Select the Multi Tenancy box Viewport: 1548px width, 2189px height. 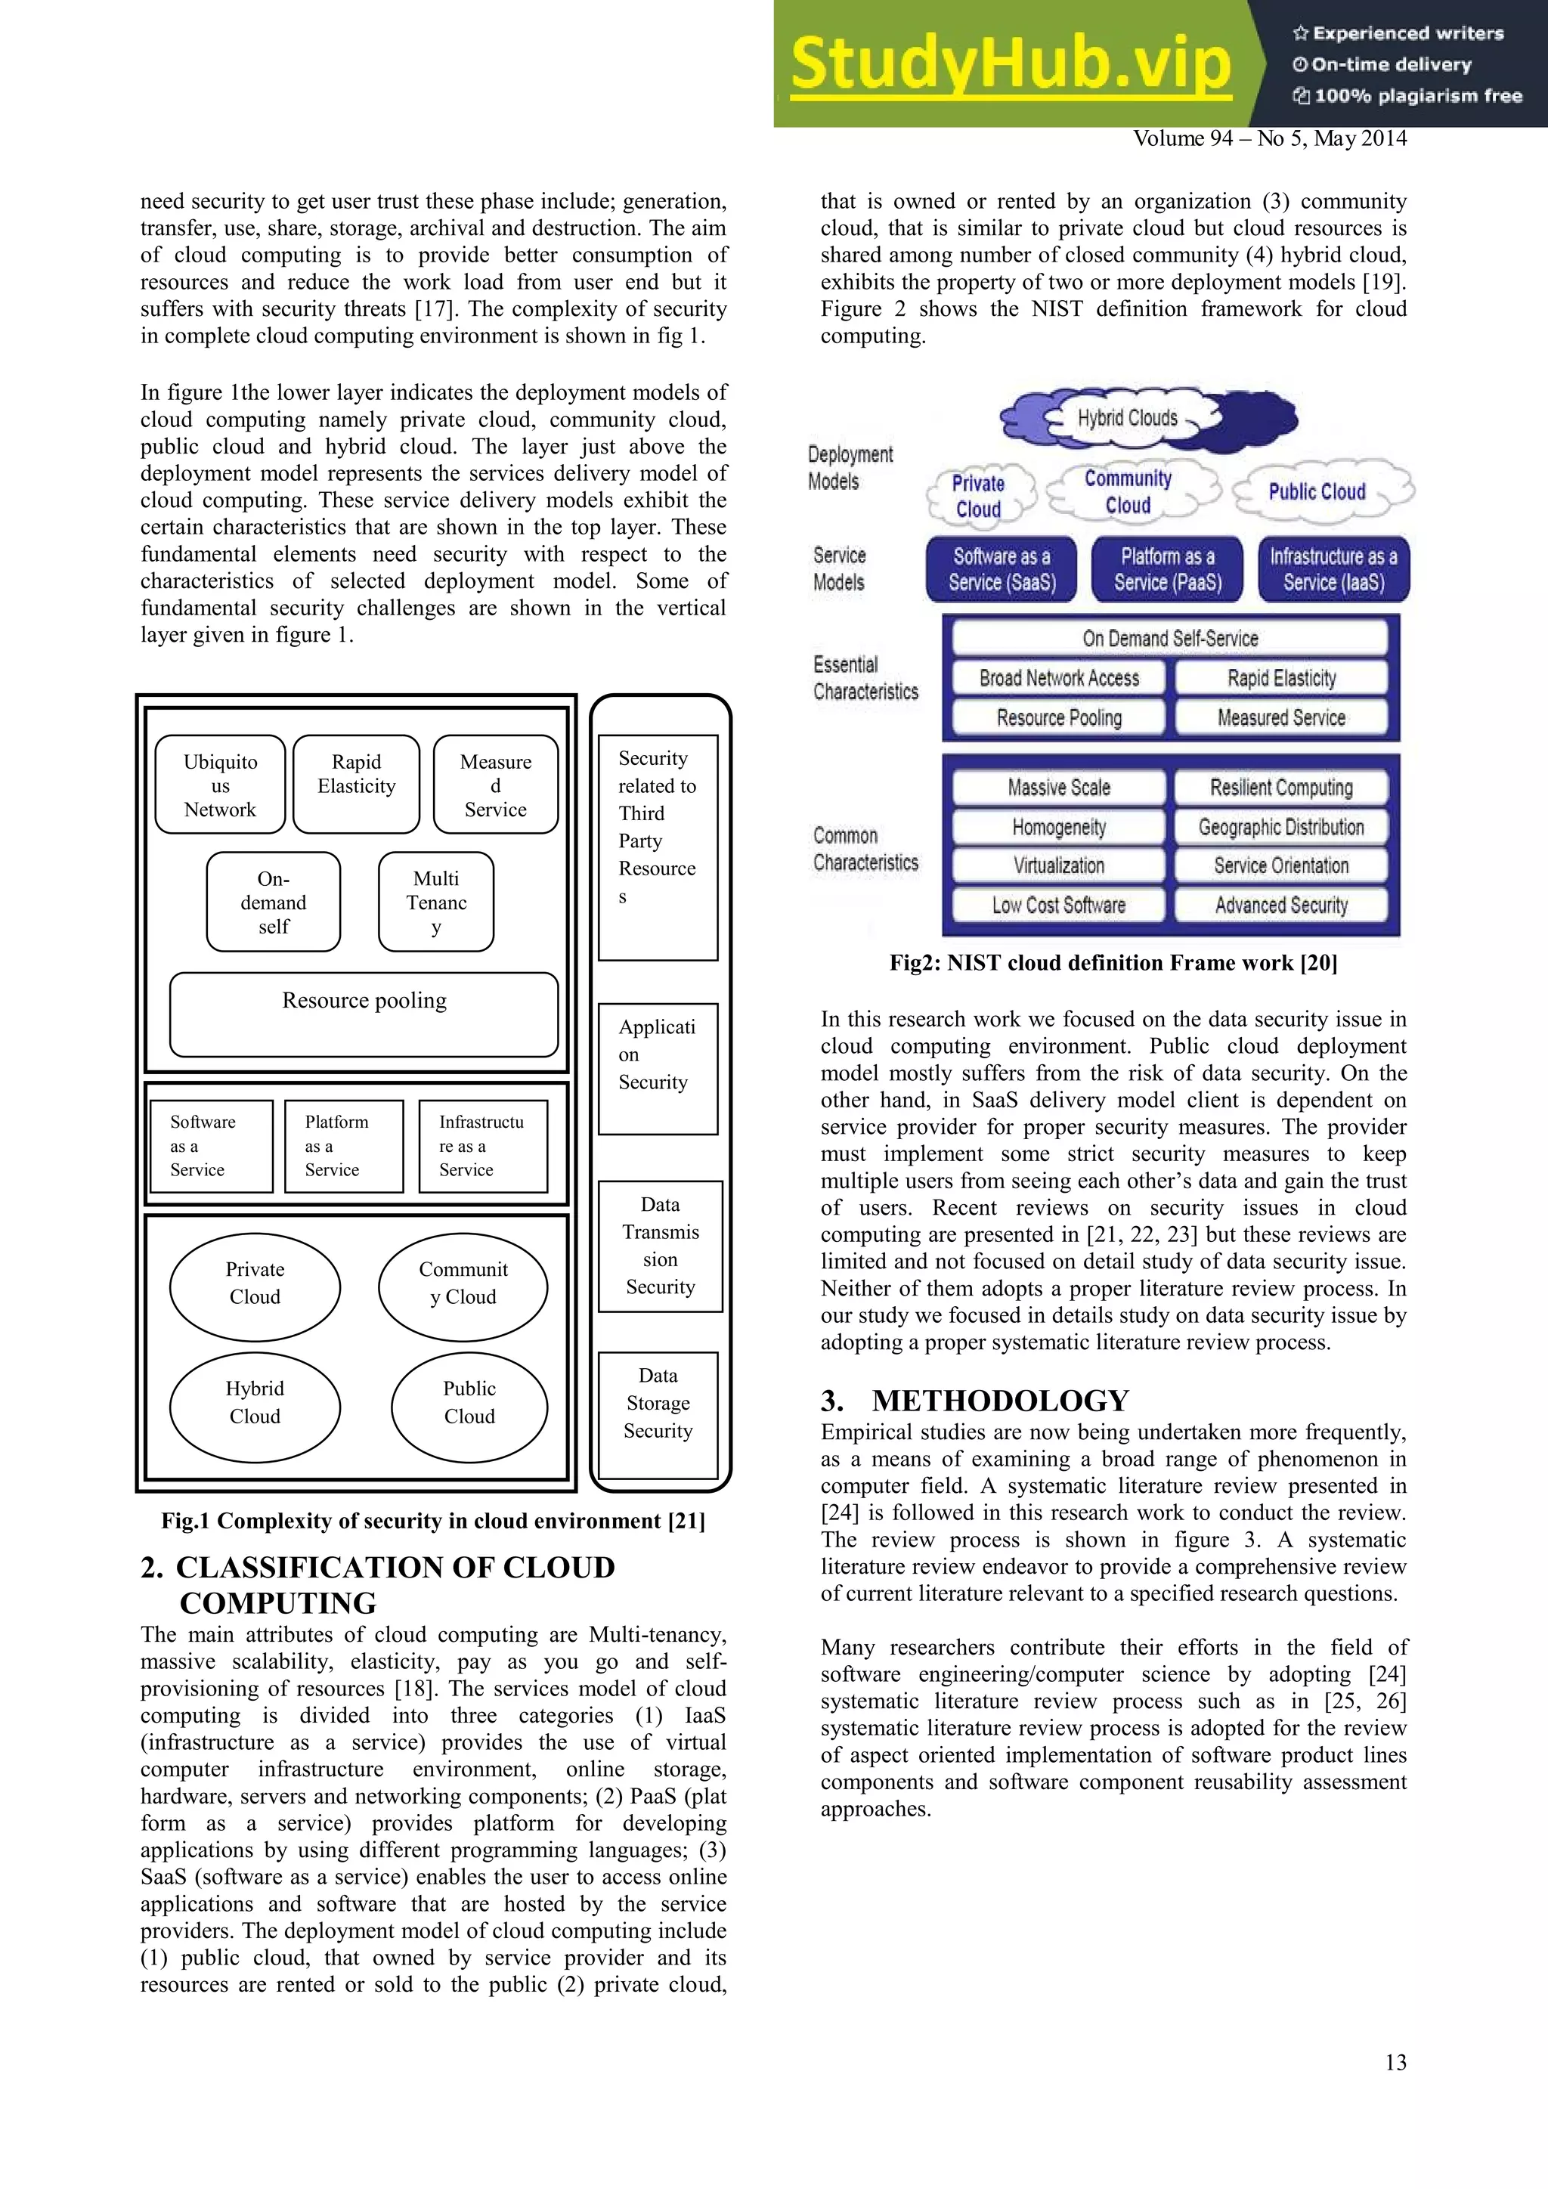tap(435, 902)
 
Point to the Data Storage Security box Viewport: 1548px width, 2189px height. tap(658, 1415)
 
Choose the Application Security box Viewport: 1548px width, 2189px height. tap(658, 1068)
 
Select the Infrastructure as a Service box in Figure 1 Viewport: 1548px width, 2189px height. tap(483, 1146)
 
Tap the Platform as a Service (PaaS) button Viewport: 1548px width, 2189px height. tap(1168, 569)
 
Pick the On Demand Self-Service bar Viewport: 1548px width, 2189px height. tap(1169, 638)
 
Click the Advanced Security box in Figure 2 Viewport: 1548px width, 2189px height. tap(1281, 905)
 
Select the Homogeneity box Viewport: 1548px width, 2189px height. tap(1058, 827)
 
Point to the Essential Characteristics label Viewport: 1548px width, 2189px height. tap(865, 678)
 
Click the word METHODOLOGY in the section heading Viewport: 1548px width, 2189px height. tap(1000, 1401)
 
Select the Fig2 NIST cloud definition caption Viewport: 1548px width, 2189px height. tap(1113, 963)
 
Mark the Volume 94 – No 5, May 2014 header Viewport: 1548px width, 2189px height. tap(1270, 139)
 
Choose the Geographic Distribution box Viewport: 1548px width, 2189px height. tap(1281, 827)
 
